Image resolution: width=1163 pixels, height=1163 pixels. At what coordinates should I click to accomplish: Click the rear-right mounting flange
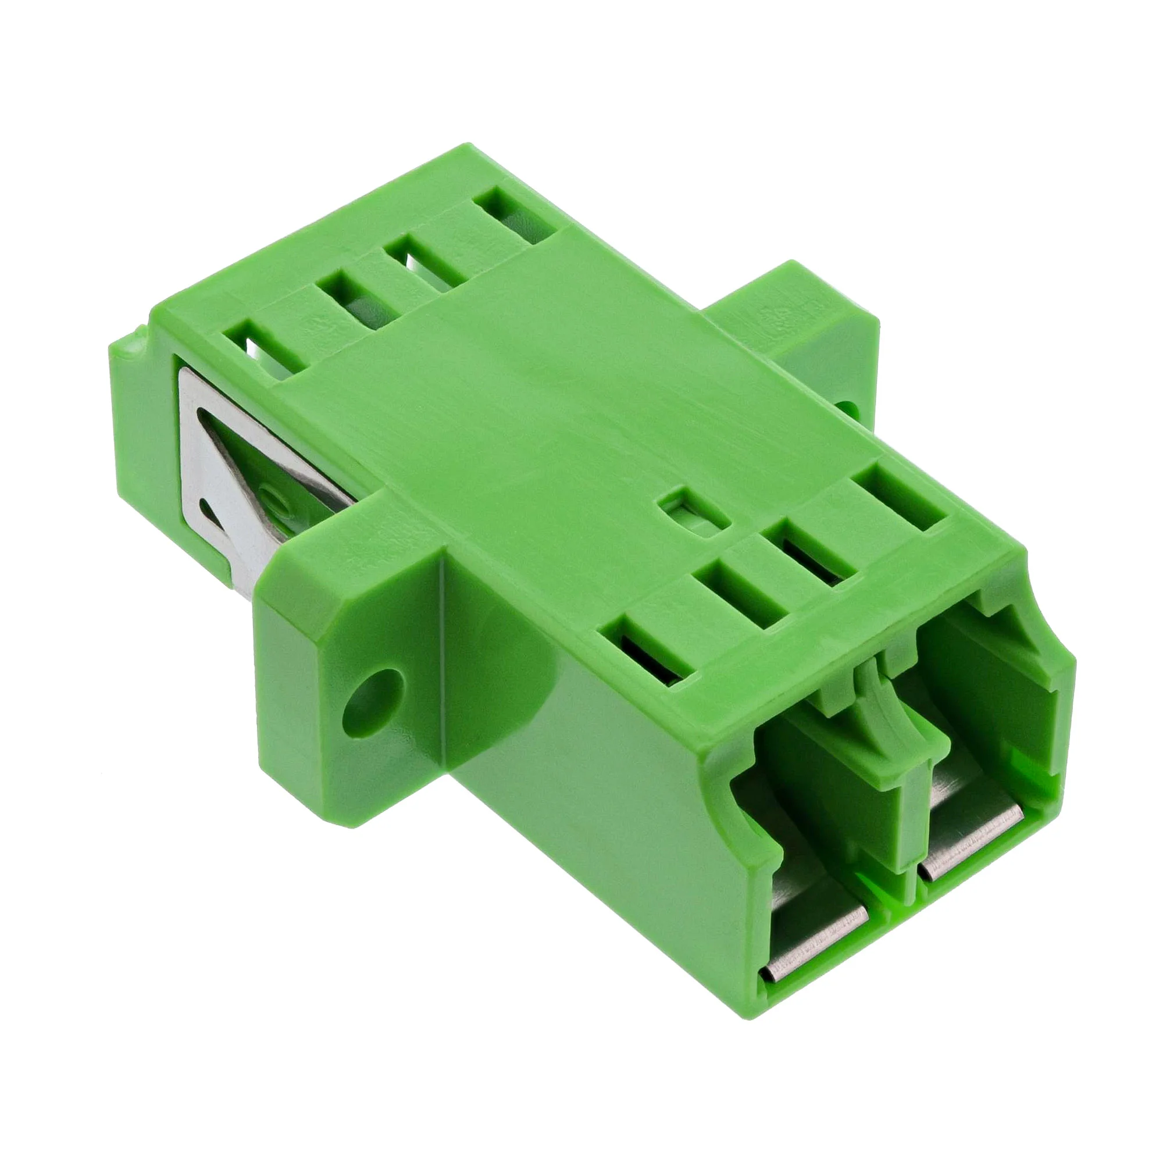pyautogui.click(x=794, y=337)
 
